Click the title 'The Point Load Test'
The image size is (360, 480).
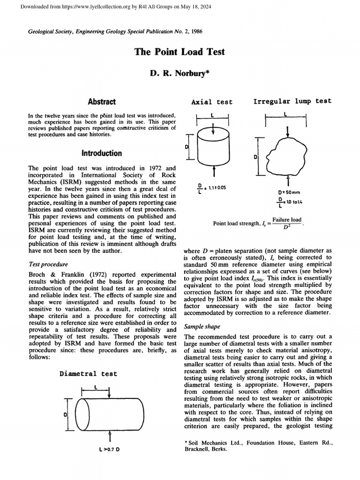pyautogui.click(x=180, y=52)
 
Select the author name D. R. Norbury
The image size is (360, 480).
pyautogui.click(x=180, y=74)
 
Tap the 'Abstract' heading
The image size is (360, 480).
pyautogui.click(x=102, y=101)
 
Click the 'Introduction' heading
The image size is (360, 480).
pyautogui.click(x=102, y=153)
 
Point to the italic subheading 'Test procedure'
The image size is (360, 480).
pyautogui.click(x=48, y=264)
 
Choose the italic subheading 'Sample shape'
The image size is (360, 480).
pyautogui.click(x=202, y=326)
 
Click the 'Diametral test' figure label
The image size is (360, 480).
pyautogui.click(x=88, y=374)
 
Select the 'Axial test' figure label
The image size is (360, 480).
pyautogui.click(x=211, y=102)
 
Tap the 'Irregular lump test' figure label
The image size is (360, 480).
pyautogui.click(x=292, y=101)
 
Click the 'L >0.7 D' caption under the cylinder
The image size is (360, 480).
pyautogui.click(x=109, y=450)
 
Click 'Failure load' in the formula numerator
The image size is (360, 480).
pyautogui.click(x=287, y=219)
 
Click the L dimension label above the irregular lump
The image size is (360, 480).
pyautogui.click(x=285, y=113)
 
